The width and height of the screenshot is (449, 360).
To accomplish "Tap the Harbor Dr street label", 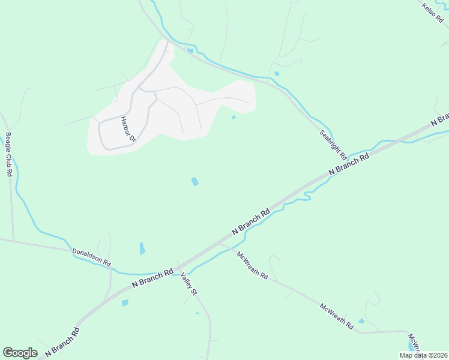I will coord(128,130).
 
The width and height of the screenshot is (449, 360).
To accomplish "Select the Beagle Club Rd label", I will coord(9,154).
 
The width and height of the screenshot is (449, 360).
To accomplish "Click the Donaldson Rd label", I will coord(91,257).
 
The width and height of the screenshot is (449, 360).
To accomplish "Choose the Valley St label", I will coord(189,284).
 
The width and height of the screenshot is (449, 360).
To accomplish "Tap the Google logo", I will coord(20,353).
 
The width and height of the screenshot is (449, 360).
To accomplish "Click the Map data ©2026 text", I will coord(423,355).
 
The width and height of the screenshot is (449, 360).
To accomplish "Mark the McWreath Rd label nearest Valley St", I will coord(252,265).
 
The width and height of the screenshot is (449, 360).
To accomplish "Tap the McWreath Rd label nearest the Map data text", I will coord(336,316).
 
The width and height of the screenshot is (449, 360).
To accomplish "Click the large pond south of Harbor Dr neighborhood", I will coord(194,181).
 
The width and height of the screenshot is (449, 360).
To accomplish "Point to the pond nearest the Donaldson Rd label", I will coord(142,248).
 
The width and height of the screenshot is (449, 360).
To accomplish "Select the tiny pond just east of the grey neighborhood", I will coord(234,117).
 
